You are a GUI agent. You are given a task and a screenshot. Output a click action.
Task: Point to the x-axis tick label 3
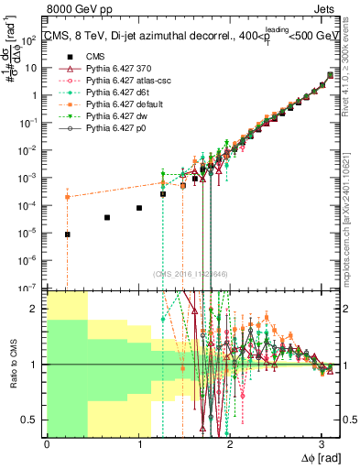coord(322,444)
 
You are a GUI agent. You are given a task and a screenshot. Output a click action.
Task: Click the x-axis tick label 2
coord(230,444)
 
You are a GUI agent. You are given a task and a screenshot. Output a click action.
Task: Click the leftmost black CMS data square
coord(67,234)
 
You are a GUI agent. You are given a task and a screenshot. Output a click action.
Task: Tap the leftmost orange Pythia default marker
coord(67,197)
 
